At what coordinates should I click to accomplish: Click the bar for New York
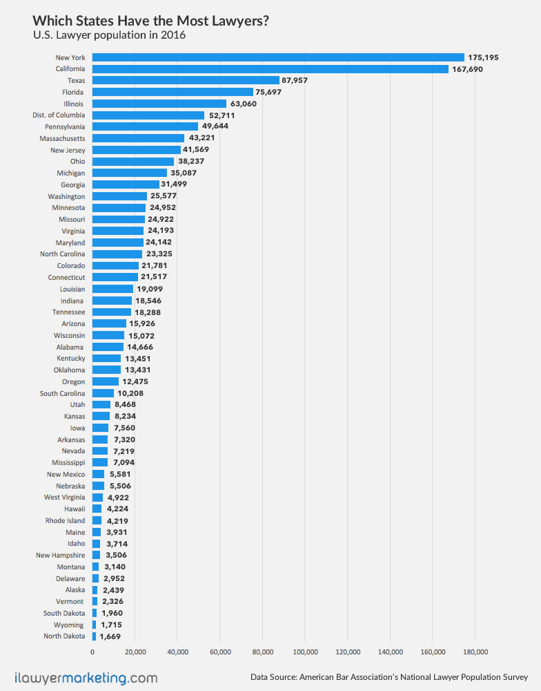[x=278, y=57]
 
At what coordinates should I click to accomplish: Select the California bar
[x=270, y=69]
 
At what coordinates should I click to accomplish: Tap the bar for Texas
[x=186, y=80]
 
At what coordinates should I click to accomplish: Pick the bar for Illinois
[x=159, y=104]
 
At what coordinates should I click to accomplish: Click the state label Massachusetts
[x=62, y=138]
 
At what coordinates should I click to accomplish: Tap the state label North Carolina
[x=63, y=254]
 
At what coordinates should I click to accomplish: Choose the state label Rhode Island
[x=66, y=520]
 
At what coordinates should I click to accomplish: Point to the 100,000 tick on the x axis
[x=305, y=651]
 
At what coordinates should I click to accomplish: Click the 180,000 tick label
[x=475, y=651]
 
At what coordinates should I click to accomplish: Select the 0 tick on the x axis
[x=92, y=651]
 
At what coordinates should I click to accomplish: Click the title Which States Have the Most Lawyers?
[x=150, y=21]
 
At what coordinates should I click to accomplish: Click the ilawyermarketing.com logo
[x=86, y=677]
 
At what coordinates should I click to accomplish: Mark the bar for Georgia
[x=126, y=184]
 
